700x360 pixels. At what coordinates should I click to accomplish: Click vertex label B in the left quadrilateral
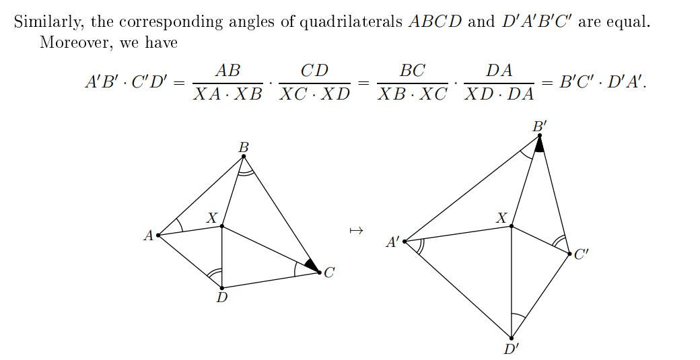[x=244, y=147]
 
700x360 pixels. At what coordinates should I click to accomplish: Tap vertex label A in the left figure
[x=148, y=236]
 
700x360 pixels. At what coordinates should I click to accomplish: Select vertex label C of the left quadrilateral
[x=329, y=273]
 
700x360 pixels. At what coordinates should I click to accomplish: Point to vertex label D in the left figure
[x=222, y=297]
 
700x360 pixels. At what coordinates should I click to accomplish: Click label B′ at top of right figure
[x=539, y=126]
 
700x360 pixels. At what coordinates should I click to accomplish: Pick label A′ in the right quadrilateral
[x=392, y=242]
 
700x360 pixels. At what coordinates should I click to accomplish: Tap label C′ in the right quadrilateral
[x=582, y=255]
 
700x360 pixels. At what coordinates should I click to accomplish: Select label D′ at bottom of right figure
[x=512, y=349]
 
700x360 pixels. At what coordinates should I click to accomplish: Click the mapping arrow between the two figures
[x=357, y=231]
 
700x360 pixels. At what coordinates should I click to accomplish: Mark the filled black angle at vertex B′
[x=539, y=145]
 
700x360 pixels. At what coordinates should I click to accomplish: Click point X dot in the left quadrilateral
[x=222, y=226]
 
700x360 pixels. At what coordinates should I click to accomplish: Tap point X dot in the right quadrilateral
[x=512, y=226]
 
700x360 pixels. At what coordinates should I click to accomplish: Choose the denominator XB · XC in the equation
[x=412, y=94]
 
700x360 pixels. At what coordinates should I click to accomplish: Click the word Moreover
[x=71, y=42]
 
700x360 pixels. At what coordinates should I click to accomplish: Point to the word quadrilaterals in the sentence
[x=351, y=21]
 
